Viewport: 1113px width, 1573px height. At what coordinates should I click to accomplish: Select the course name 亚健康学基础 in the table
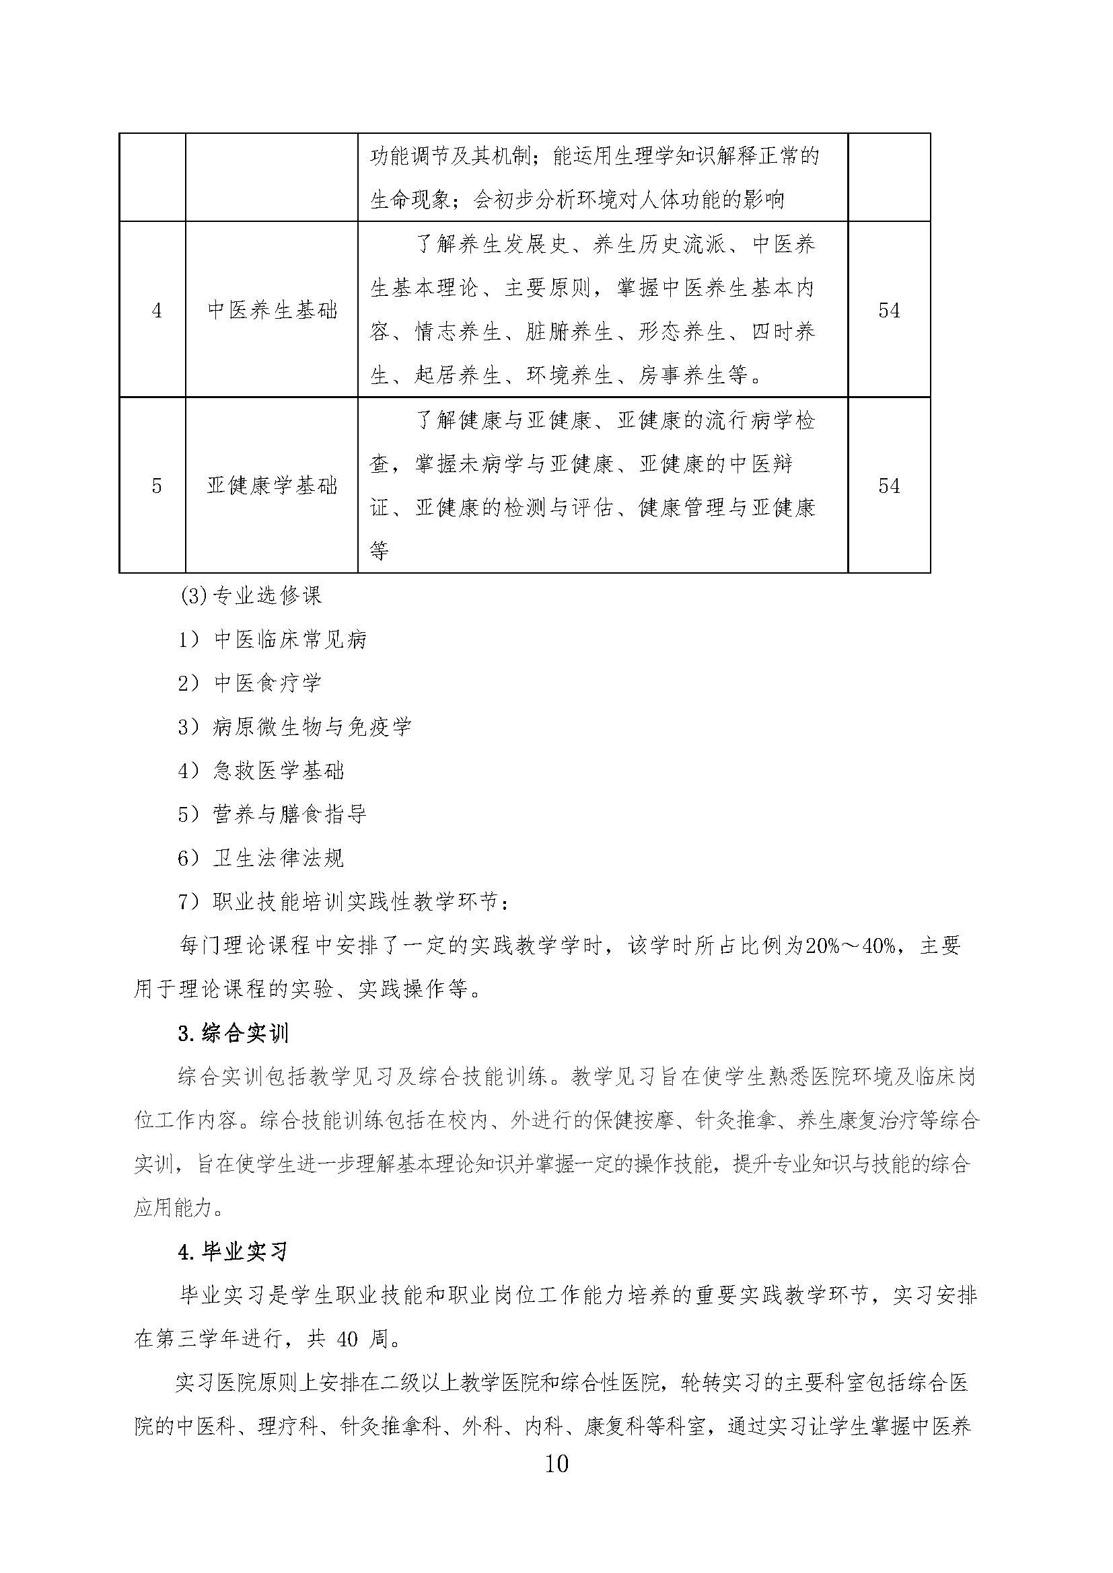(x=272, y=486)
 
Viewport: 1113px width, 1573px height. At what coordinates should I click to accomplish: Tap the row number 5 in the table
(x=156, y=486)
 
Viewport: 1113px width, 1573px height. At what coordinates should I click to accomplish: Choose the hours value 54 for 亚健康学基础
(x=888, y=486)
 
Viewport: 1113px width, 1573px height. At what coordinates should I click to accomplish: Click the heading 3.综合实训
(x=233, y=1034)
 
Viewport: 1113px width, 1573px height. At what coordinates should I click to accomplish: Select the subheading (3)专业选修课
(x=251, y=595)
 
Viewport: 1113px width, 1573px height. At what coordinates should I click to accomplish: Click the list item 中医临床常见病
(x=291, y=640)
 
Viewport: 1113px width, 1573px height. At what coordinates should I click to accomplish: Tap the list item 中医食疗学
(x=267, y=683)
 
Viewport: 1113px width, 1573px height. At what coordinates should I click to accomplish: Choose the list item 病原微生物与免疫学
(x=312, y=727)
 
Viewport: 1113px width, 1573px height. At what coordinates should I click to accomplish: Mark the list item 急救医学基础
(x=279, y=771)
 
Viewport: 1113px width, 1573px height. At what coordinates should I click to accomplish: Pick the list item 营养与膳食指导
(x=290, y=814)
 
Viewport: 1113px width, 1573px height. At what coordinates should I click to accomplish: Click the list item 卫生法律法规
(x=279, y=858)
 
